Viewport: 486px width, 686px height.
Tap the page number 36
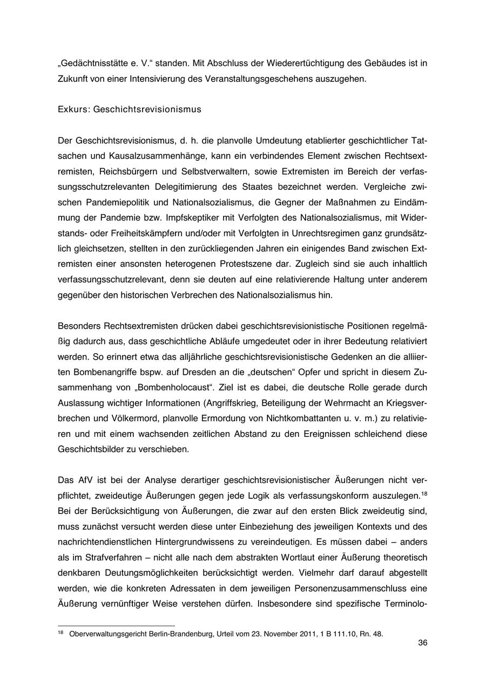[x=423, y=643]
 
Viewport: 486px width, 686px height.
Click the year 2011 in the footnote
[x=293, y=634]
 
